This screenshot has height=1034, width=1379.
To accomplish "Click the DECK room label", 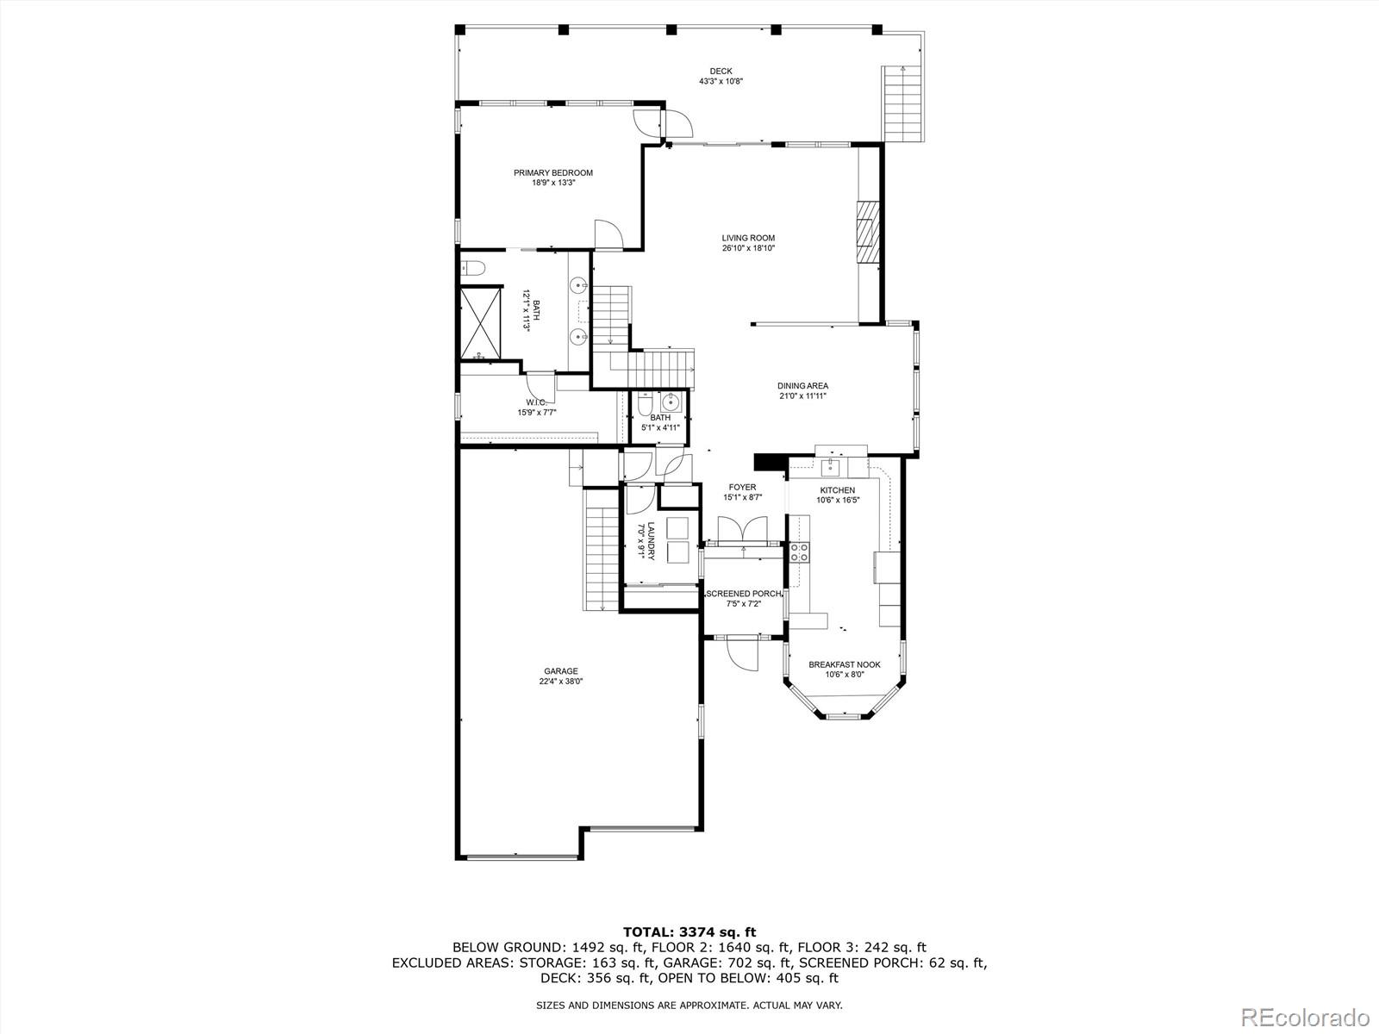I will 721,72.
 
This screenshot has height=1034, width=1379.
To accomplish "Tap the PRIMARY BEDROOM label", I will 552,173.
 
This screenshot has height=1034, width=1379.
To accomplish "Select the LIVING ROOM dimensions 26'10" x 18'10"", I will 748,248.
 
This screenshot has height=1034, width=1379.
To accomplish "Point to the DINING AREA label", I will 802,386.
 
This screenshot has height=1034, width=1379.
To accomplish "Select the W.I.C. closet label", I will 536,402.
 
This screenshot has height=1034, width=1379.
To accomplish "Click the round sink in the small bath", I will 670,402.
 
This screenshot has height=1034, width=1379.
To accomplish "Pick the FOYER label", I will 741,488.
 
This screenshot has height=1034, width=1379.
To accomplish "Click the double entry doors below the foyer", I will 742,529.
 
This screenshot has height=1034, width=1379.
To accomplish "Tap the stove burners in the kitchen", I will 799,552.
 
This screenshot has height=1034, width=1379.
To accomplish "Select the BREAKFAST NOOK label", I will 844,664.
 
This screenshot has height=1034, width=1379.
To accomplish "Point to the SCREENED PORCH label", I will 743,594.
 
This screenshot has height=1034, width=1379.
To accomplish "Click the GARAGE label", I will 560,671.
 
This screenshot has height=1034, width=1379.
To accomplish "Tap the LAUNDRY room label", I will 652,541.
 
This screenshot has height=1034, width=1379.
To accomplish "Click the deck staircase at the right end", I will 902,104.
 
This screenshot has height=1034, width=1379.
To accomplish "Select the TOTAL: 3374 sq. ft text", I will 689,931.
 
